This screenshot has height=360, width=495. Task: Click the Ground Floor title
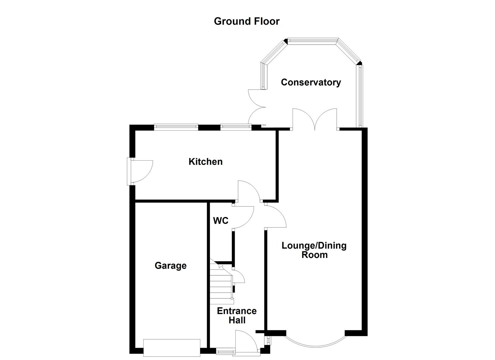(x=246, y=21)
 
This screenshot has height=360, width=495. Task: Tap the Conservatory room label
(x=311, y=82)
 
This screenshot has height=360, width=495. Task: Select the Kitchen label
(x=205, y=162)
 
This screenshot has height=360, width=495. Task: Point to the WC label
(x=221, y=221)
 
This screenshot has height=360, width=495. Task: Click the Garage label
(x=170, y=266)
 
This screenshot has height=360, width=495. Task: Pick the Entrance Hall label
(x=237, y=315)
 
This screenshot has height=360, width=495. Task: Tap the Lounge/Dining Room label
(x=314, y=250)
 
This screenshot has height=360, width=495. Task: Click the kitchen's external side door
(x=141, y=171)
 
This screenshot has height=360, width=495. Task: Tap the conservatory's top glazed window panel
(x=313, y=40)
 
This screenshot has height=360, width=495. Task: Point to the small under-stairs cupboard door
(x=239, y=276)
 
